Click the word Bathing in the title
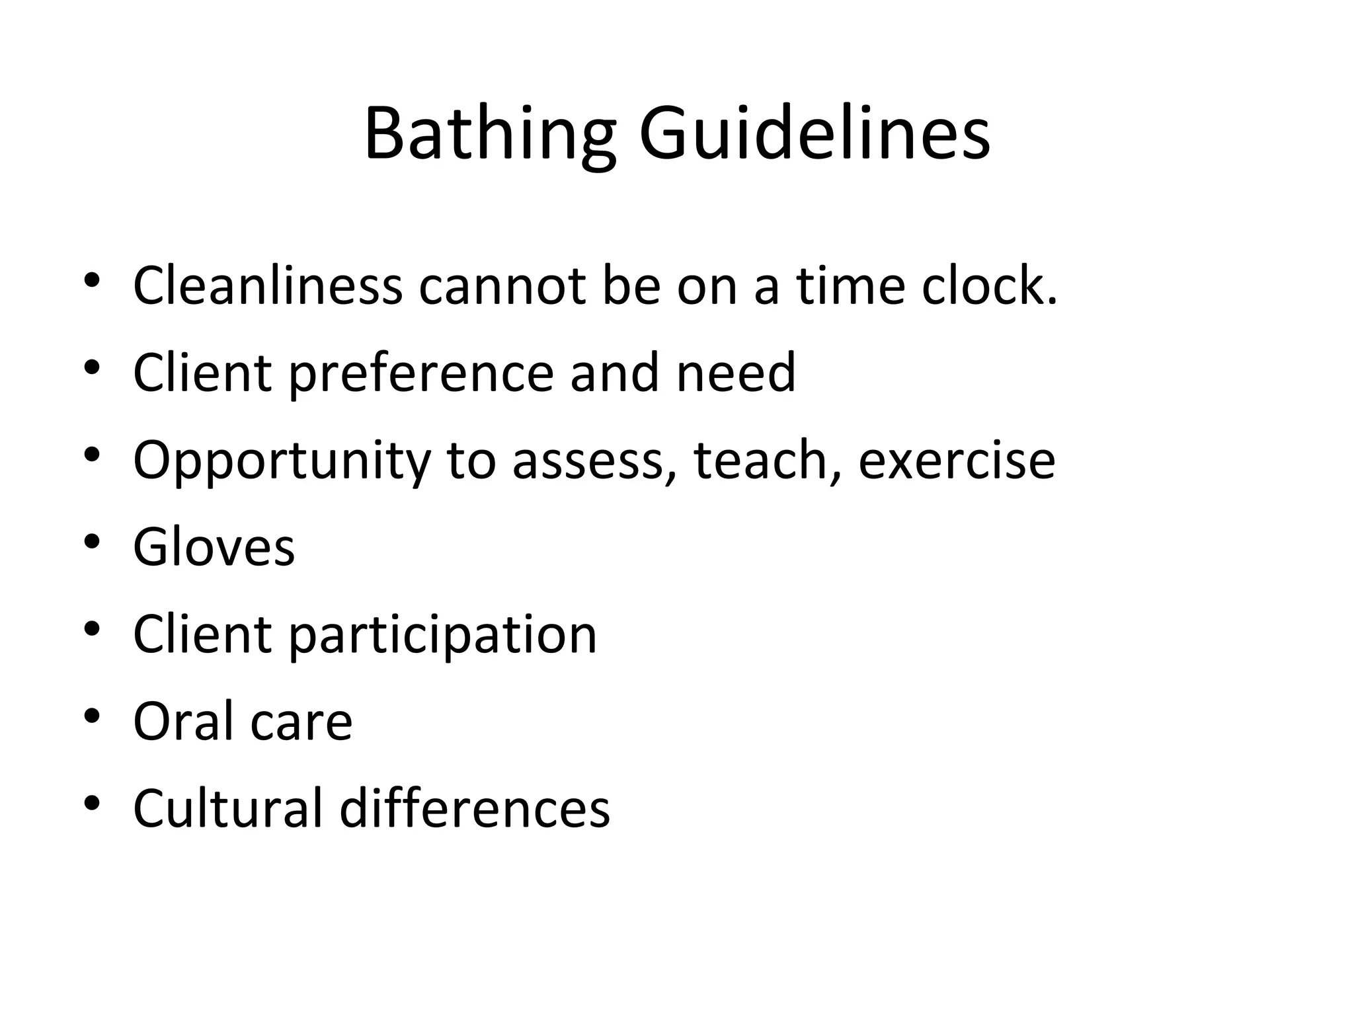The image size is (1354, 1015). tap(490, 135)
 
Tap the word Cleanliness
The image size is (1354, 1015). tap(268, 285)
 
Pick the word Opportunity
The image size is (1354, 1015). tap(282, 461)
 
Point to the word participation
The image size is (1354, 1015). tap(442, 636)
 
